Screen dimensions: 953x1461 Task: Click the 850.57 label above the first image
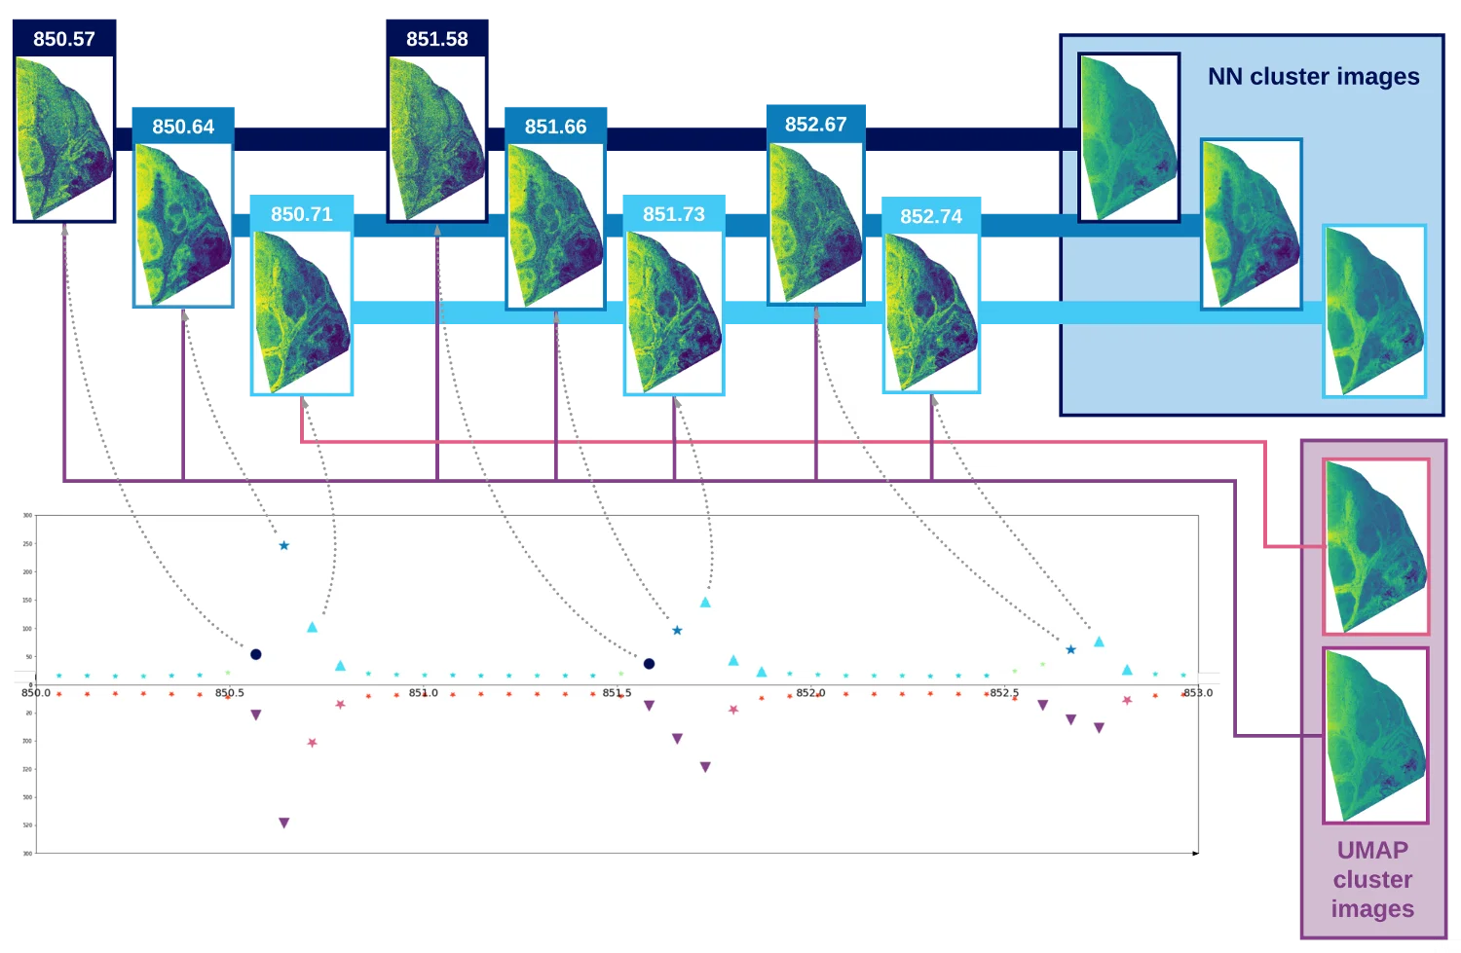point(64,39)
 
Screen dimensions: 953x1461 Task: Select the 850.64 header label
point(183,127)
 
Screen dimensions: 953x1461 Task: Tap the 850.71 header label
point(302,214)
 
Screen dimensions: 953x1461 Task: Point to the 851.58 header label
point(437,39)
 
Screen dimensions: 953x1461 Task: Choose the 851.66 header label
point(555,127)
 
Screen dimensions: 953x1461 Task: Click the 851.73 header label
point(674,214)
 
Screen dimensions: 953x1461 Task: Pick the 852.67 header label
point(816,125)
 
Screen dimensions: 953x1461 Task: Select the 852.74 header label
point(931,216)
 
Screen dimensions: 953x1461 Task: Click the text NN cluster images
point(1313,76)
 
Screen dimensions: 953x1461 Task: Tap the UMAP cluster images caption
point(1372,879)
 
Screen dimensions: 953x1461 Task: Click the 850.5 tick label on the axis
point(230,693)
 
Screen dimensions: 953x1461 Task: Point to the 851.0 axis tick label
point(424,693)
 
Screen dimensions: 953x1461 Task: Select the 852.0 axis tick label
point(810,693)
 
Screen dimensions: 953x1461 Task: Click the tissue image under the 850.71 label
point(303,312)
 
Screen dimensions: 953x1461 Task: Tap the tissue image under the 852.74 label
point(931,312)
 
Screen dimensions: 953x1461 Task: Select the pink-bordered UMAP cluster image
point(1375,546)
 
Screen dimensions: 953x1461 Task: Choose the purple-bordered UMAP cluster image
point(1375,735)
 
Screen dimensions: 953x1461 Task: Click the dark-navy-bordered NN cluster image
point(1129,137)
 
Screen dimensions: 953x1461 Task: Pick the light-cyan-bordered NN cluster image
point(1374,311)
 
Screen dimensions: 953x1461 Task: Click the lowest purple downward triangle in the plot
point(284,824)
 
